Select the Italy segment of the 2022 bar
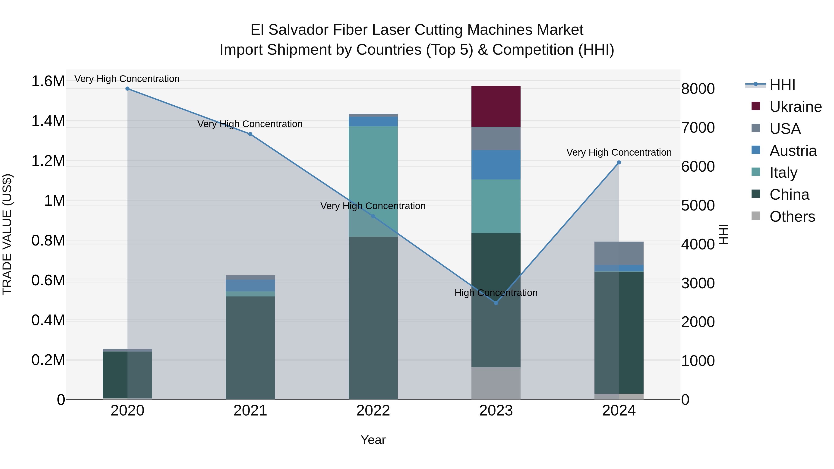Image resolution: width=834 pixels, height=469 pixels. click(x=373, y=181)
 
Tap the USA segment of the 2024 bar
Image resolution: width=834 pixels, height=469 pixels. click(x=619, y=253)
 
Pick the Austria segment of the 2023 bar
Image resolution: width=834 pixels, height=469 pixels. click(x=496, y=164)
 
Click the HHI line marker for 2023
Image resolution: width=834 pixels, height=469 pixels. click(x=496, y=303)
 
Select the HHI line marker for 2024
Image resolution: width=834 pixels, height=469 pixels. click(x=619, y=163)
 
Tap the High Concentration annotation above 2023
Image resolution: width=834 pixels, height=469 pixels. click(x=496, y=293)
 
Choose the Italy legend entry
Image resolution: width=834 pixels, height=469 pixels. click(x=783, y=173)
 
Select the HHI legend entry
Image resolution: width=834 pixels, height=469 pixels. click(x=782, y=85)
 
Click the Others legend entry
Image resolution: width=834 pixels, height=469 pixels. click(x=792, y=217)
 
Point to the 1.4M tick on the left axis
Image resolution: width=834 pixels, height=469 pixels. click(x=48, y=121)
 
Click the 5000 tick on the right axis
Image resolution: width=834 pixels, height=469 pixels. click(x=698, y=205)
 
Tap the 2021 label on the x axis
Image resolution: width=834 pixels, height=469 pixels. click(x=250, y=411)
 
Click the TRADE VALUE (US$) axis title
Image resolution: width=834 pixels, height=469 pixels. click(x=7, y=234)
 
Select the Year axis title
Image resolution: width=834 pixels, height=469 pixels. click(x=373, y=440)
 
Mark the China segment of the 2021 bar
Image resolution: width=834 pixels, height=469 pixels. click(x=250, y=348)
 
